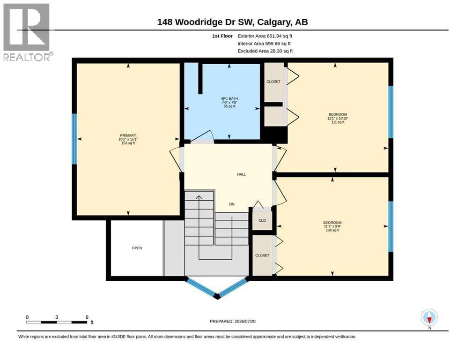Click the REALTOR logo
click(27, 32)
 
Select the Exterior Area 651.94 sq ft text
click(265, 36)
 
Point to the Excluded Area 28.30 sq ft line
click(265, 51)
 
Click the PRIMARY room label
click(128, 139)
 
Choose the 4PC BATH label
click(229, 102)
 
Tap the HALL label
click(241, 174)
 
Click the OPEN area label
click(137, 248)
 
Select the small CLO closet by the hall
click(262, 220)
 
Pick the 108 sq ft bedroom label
click(332, 226)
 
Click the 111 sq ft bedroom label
click(338, 118)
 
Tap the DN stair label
click(232, 204)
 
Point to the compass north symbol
click(429, 318)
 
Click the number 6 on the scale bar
click(87, 317)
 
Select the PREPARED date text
click(232, 321)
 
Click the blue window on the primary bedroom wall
click(74, 139)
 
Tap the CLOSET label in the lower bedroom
click(262, 255)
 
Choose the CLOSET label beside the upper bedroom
click(273, 82)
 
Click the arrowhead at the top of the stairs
click(199, 197)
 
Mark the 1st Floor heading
click(222, 36)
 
